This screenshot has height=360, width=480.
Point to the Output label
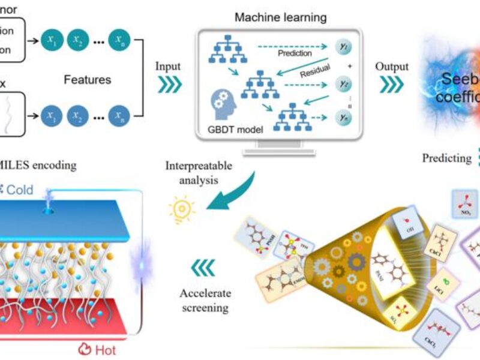click(x=392, y=67)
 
